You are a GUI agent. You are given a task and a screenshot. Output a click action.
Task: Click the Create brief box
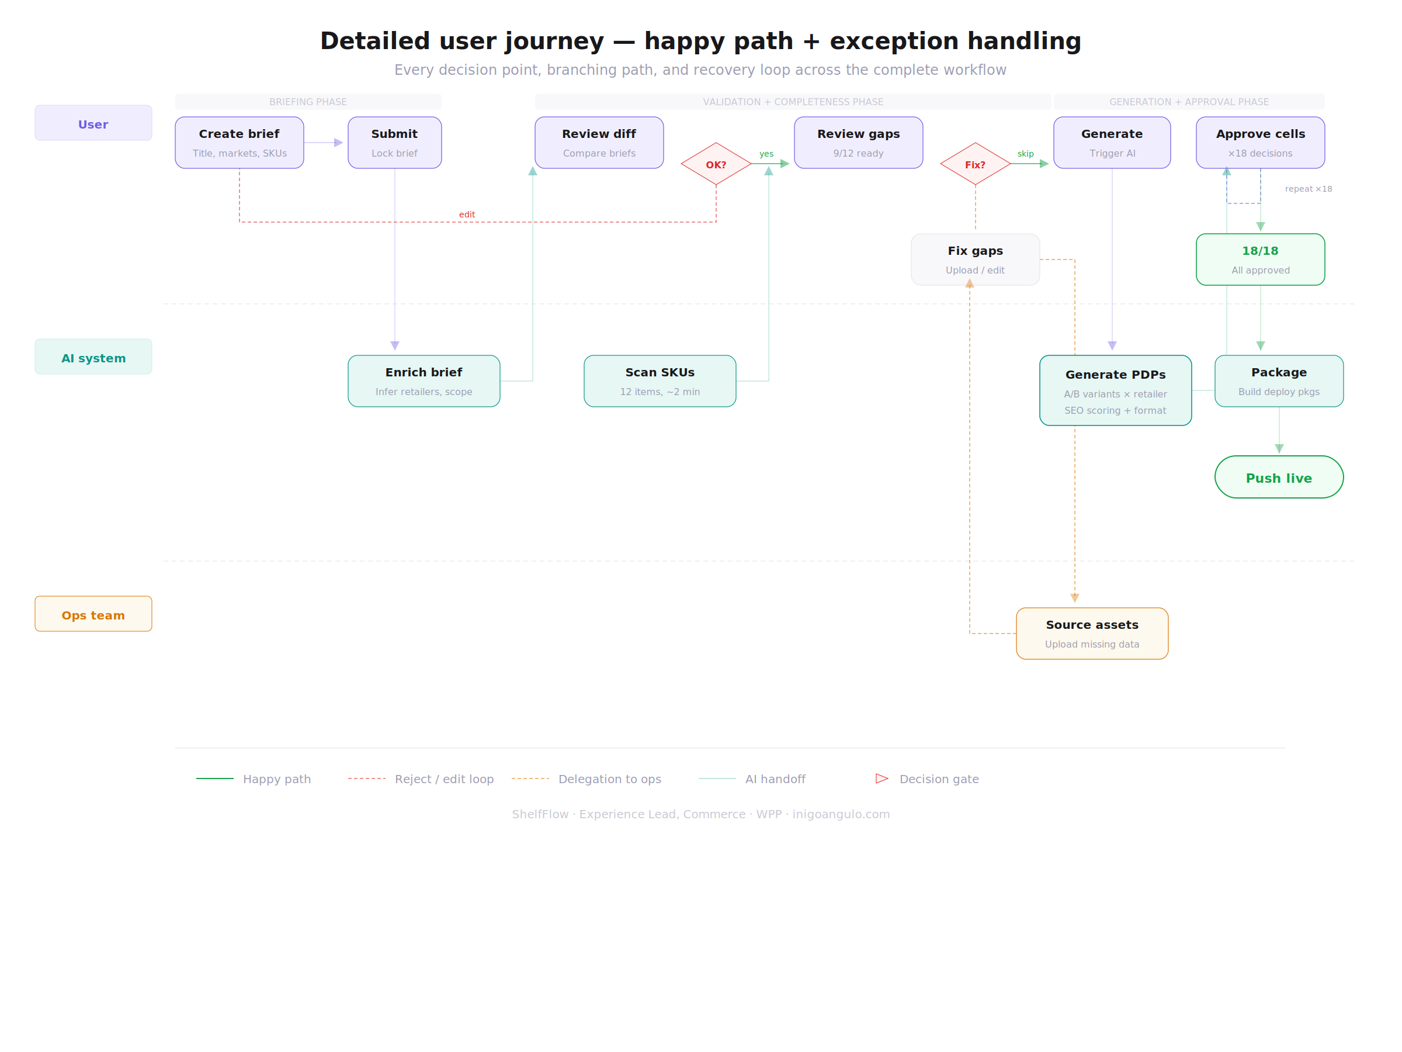(239, 143)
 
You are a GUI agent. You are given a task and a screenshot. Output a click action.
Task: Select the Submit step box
(394, 143)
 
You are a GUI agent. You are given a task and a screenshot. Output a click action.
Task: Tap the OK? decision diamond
(716, 164)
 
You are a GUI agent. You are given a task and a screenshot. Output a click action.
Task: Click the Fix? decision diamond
(975, 164)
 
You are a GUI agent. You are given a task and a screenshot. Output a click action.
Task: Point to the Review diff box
(599, 143)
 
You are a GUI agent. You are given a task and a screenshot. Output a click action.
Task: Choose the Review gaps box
(858, 143)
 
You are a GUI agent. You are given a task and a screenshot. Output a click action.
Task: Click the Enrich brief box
(424, 381)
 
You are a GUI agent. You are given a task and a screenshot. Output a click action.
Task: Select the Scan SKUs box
(660, 381)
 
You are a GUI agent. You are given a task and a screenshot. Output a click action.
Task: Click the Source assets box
(1091, 634)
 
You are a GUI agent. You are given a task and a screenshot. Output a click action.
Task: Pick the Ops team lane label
(93, 614)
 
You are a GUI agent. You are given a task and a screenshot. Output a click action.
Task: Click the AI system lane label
(93, 357)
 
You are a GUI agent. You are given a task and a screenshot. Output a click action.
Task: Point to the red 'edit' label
(467, 215)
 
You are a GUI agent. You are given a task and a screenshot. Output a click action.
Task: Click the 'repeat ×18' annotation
(1307, 189)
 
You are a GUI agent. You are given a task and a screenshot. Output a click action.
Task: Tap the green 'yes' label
(766, 154)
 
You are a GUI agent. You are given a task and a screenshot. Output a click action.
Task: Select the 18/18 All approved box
(1260, 259)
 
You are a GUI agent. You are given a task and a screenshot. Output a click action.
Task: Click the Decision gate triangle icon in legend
(882, 778)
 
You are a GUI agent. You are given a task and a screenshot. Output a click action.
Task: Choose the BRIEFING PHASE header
(308, 102)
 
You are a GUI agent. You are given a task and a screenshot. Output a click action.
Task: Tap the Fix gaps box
(975, 259)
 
